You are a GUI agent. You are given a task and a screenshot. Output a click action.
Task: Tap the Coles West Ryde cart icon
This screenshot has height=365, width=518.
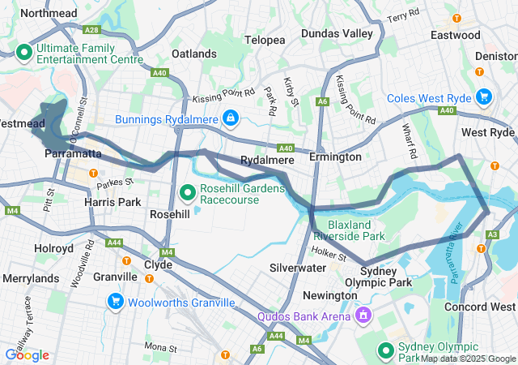pos(483,97)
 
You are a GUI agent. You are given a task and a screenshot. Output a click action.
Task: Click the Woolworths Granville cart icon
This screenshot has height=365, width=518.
pos(115,302)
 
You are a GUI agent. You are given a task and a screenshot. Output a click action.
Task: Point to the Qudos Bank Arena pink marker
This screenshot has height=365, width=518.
pos(364,315)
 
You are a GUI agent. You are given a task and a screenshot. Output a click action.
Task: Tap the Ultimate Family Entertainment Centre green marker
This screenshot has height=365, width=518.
pos(23,53)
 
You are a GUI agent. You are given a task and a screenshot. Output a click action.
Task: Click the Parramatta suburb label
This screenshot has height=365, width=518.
pos(73,153)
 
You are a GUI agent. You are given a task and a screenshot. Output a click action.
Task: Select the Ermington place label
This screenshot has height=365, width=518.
pos(336,157)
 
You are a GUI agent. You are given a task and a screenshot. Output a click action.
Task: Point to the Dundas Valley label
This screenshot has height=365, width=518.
pos(337,33)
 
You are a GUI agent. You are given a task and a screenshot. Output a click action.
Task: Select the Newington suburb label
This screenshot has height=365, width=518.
pos(329,295)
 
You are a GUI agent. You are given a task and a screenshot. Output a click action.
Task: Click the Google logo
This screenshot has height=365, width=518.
pos(27,355)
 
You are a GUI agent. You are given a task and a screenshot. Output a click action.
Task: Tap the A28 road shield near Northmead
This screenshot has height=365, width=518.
pos(94,29)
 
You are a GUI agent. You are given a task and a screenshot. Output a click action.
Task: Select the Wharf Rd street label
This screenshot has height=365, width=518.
pos(412,141)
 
